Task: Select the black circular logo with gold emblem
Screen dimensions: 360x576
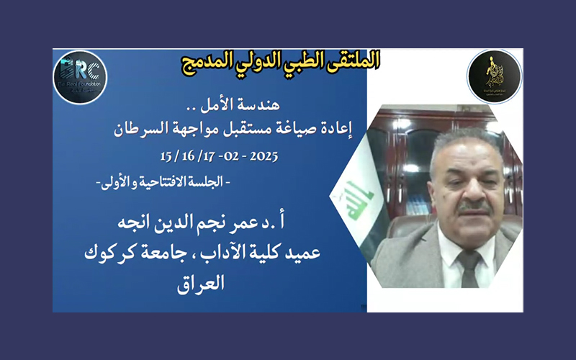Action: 494,77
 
